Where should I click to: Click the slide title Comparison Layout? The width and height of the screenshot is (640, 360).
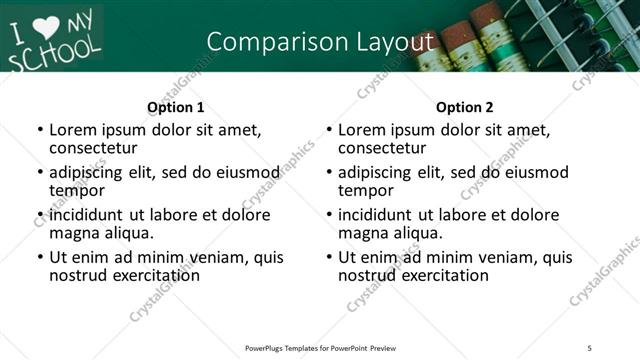[x=320, y=41]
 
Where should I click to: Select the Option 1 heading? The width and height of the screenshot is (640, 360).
[x=175, y=107]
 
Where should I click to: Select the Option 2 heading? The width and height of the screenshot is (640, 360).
[x=464, y=107]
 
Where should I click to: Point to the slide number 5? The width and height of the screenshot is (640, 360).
[x=590, y=347]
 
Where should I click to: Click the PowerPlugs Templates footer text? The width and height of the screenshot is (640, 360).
[x=320, y=347]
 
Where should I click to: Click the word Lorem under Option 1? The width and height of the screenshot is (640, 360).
[x=73, y=129]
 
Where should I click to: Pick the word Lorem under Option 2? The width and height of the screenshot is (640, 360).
[x=362, y=129]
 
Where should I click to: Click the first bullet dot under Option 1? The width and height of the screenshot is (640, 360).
[x=39, y=130]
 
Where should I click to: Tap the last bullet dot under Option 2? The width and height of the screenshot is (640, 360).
[x=329, y=257]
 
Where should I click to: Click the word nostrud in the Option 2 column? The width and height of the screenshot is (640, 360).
[x=366, y=275]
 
